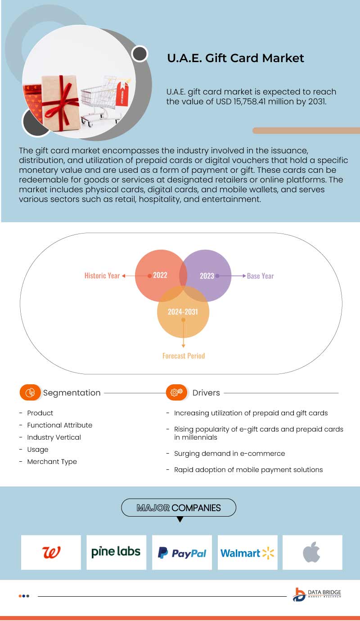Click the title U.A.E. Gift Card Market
coord(235,58)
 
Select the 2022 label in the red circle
coord(160,275)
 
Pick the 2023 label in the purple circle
coord(207,276)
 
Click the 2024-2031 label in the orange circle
coord(183,311)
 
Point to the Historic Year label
coord(102,275)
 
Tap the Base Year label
coord(260,276)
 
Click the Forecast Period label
coord(184,355)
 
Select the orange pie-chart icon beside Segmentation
coord(30,392)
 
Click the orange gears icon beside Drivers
coord(176,392)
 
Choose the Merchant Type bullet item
coord(52,462)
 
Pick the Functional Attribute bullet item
coord(59,425)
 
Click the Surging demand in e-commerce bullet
coord(229,453)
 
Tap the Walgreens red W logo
coord(51,552)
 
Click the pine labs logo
coord(116,552)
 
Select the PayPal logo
coord(182,553)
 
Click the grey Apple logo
coord(311,552)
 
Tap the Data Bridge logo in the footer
coord(317,594)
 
